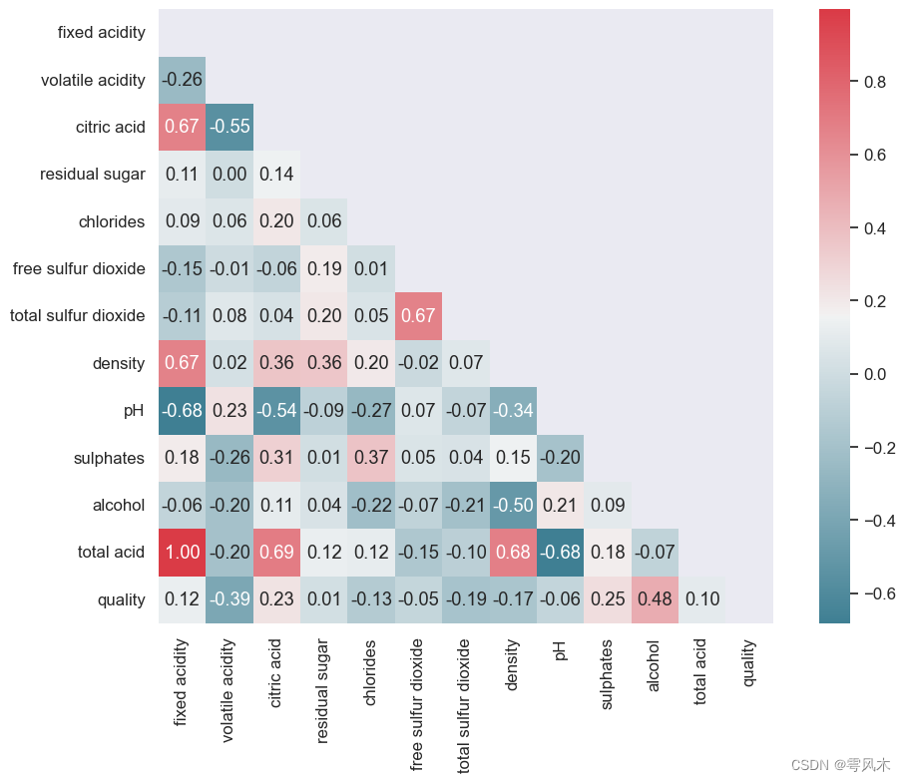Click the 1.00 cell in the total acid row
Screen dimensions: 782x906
(182, 553)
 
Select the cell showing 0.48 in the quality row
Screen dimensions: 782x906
(655, 599)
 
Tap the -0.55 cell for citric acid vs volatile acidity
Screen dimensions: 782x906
(229, 128)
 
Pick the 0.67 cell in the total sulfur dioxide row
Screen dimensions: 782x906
(418, 316)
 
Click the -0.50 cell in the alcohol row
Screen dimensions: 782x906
(513, 506)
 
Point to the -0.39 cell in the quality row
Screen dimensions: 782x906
(229, 599)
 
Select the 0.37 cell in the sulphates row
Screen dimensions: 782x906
(371, 458)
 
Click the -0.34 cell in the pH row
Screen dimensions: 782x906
(513, 411)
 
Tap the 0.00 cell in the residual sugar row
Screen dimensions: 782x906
(229, 175)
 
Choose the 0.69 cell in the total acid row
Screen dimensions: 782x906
(276, 553)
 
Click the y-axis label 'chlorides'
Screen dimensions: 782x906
(112, 221)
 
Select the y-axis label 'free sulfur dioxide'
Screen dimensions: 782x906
(79, 269)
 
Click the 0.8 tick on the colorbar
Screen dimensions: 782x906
(874, 82)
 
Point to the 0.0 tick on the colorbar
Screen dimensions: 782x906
(874, 374)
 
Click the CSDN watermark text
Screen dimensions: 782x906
(839, 765)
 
